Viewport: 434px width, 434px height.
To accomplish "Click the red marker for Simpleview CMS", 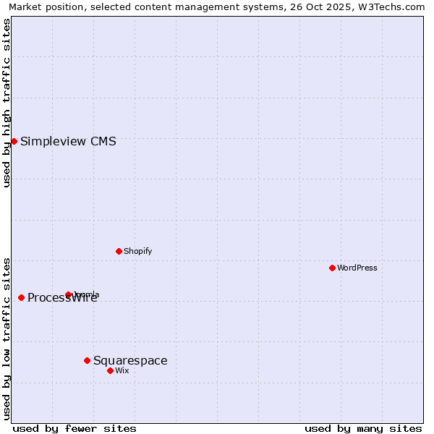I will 14,141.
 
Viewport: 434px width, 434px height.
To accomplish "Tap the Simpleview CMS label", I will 68,142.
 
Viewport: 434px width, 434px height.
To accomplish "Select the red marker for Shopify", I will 119,251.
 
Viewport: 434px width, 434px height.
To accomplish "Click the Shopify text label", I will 137,251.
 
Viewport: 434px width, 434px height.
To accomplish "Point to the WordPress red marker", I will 332,268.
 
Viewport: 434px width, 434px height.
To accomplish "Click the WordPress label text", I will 357,268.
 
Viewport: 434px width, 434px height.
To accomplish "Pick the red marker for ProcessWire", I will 21,297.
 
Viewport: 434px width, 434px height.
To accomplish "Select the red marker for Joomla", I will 68,294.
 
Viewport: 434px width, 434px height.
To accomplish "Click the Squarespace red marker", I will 87,360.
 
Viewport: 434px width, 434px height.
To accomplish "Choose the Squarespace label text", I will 130,361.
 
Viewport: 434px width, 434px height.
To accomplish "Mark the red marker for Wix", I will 110,370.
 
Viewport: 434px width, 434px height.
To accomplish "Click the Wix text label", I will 122,370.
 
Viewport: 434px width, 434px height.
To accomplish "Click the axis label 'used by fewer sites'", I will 75,428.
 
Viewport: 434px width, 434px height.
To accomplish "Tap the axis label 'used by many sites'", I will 363,428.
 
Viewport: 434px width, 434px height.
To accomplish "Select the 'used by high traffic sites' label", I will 7,103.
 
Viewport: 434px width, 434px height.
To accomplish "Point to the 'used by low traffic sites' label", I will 7,338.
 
